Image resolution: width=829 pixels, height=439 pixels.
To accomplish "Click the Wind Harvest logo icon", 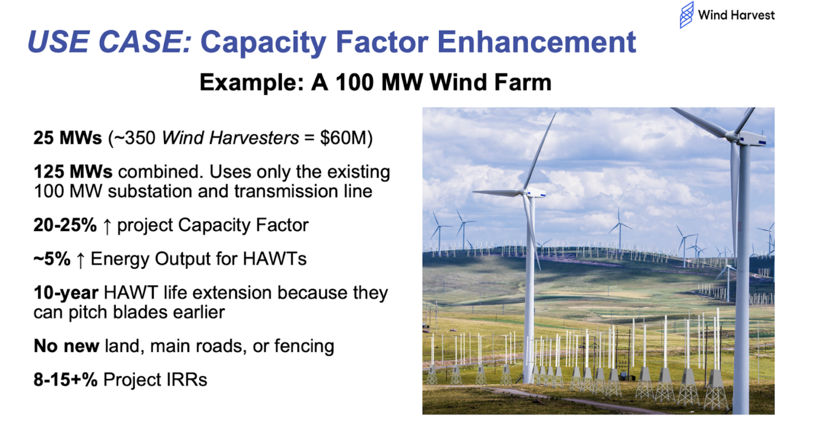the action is pos(687,15).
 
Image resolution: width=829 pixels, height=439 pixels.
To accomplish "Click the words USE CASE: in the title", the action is pos(110,41).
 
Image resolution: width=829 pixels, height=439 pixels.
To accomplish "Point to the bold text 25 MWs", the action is pos(68,138).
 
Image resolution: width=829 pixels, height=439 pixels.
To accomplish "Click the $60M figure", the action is pos(346,138).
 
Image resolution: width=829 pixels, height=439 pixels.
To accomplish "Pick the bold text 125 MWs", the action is pos(73,172).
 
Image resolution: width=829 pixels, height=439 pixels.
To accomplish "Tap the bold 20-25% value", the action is pos(65,225).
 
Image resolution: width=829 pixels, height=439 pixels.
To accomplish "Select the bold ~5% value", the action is pos(52,258).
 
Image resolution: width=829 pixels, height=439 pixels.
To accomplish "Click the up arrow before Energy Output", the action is pos(80,260).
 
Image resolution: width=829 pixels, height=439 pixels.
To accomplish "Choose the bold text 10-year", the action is pos(66,293).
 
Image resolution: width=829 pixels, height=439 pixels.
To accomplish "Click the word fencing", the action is pos(304,346).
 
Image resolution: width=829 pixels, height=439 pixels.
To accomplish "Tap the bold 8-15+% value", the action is pos(66,380).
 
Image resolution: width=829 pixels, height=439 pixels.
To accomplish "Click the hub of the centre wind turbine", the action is pos(522,192).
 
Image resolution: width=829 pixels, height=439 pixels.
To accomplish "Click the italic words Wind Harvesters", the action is pos(230,138).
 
